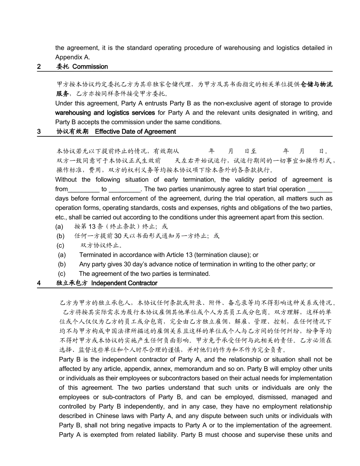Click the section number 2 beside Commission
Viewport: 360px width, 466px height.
click(39, 67)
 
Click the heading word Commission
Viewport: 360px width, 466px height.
click(90, 67)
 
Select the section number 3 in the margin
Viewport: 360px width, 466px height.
click(39, 131)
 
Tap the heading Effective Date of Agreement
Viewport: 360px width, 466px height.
click(135, 131)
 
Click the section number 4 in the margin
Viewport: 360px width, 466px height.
click(39, 283)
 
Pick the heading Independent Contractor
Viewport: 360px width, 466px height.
click(124, 283)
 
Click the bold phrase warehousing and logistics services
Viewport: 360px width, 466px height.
click(105, 113)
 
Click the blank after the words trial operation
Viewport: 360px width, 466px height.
click(320, 189)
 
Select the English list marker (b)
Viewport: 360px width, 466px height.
click(62, 264)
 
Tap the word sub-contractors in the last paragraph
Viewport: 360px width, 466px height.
click(111, 397)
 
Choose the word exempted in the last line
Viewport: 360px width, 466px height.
click(105, 435)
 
